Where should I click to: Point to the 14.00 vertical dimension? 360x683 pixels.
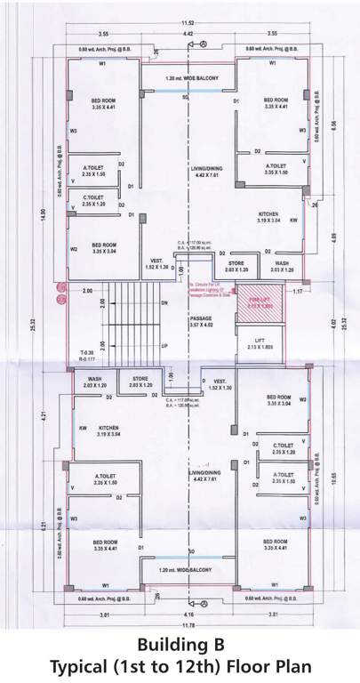pyautogui.click(x=39, y=213)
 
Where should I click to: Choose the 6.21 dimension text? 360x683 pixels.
pyautogui.click(x=42, y=526)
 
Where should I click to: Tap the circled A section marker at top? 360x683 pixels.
pyautogui.click(x=203, y=43)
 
